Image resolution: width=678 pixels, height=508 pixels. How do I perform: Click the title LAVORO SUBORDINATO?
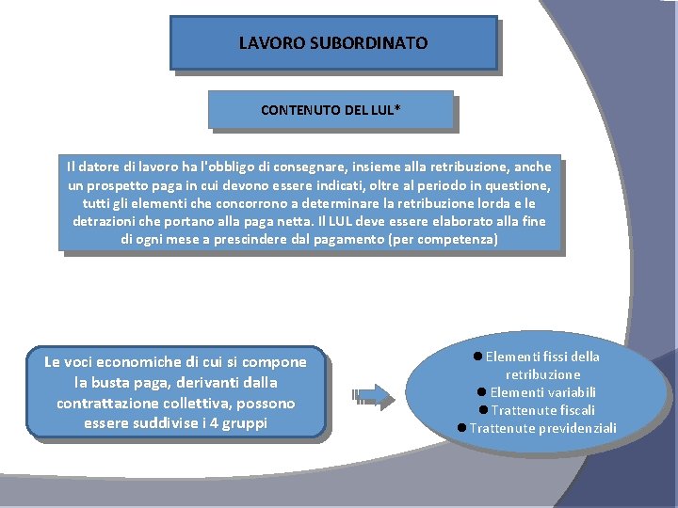click(x=332, y=43)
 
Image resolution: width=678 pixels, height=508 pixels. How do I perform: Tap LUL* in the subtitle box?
click(x=384, y=110)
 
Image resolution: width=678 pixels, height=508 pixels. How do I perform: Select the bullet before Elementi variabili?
click(x=481, y=392)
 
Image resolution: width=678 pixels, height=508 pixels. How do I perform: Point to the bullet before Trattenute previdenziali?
click(x=461, y=428)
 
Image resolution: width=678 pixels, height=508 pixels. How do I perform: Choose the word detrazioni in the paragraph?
click(x=105, y=221)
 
